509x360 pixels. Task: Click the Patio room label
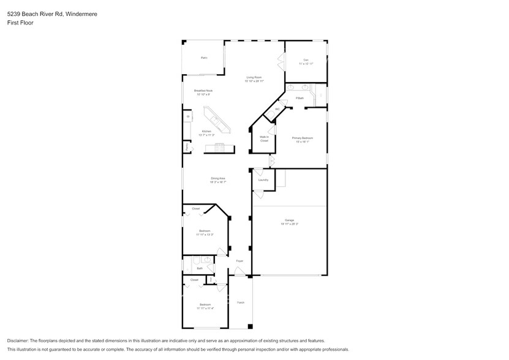[204, 58]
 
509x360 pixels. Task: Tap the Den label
[306, 60]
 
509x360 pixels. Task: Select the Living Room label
[254, 77]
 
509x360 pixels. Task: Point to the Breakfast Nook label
[203, 91]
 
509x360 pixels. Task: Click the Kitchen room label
[206, 131]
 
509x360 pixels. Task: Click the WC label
[277, 110]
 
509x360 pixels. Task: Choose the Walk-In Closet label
[264, 138]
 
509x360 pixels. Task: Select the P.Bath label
[300, 98]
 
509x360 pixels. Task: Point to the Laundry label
[263, 180]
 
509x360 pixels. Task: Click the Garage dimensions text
[289, 224]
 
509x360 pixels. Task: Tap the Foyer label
[239, 261]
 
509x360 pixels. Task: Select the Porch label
[240, 302]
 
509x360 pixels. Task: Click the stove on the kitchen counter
[219, 146]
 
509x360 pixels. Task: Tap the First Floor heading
[20, 23]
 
